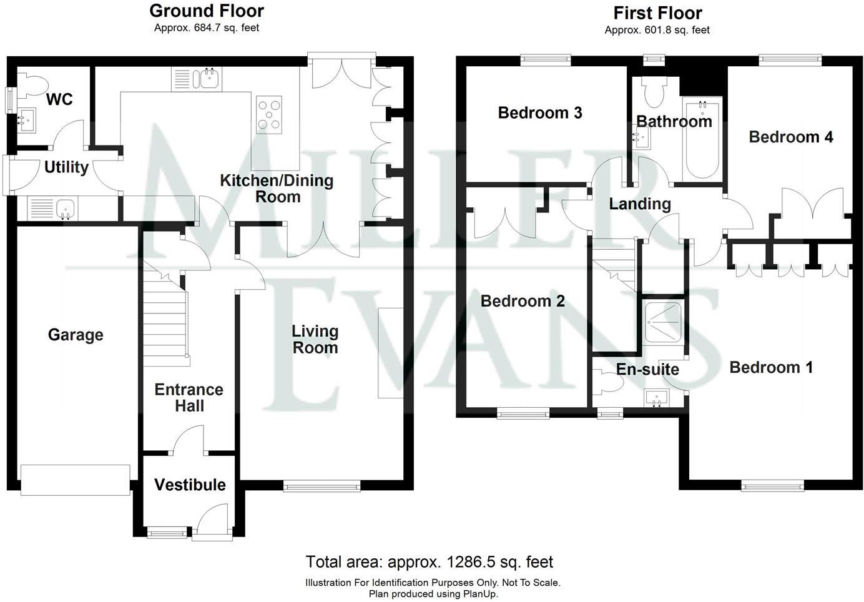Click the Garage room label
click(x=75, y=335)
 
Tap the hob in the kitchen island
click(x=269, y=114)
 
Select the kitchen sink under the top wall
click(x=209, y=79)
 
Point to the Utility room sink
click(x=65, y=209)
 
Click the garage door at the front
click(x=75, y=480)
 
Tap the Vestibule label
click(x=190, y=485)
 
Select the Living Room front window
click(x=322, y=485)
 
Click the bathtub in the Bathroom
click(x=703, y=138)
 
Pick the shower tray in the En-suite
click(x=664, y=323)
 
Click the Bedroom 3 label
click(x=540, y=113)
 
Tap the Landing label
click(x=639, y=204)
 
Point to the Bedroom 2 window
click(x=523, y=413)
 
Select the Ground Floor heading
click(x=207, y=11)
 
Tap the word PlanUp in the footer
click(x=478, y=594)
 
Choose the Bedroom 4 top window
click(x=790, y=60)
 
